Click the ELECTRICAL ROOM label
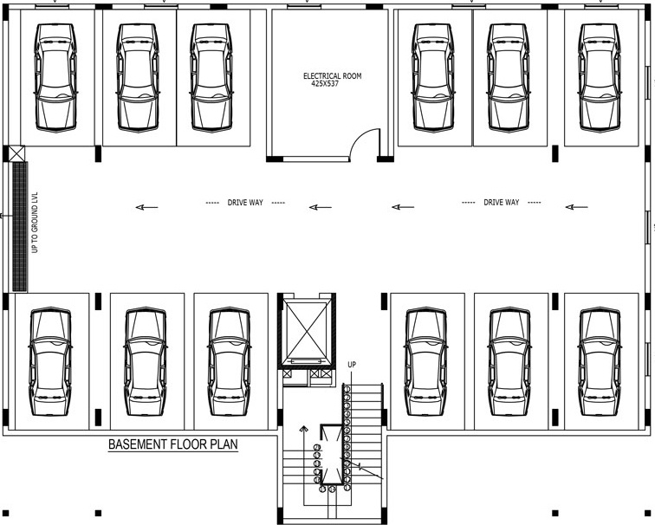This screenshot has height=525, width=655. (332, 76)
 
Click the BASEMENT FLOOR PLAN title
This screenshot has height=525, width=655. (172, 445)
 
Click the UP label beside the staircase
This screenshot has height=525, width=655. (352, 365)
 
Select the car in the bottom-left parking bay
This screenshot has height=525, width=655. (49, 362)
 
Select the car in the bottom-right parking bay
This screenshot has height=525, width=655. (600, 362)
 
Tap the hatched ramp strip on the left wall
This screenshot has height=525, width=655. (18, 227)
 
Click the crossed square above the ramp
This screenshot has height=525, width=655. (17, 154)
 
